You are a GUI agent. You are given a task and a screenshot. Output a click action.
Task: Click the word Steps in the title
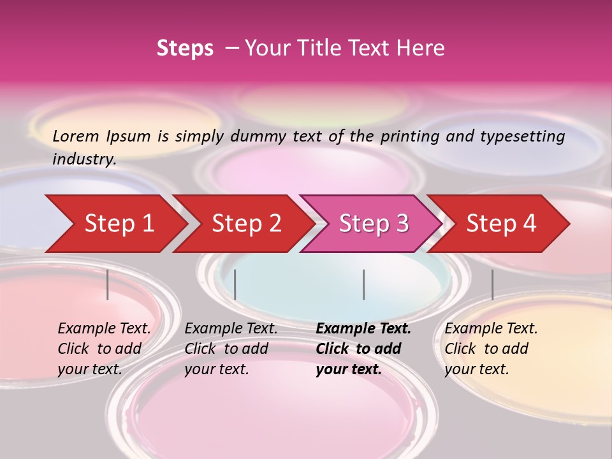(x=185, y=48)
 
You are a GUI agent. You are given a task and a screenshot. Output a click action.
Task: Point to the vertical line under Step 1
(x=108, y=284)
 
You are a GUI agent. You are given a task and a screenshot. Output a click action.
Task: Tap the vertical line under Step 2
(x=235, y=284)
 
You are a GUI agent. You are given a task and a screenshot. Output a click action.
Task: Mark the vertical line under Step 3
(x=364, y=284)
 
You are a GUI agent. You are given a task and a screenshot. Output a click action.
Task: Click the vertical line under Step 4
(x=493, y=284)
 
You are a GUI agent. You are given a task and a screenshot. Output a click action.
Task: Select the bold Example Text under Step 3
(x=363, y=349)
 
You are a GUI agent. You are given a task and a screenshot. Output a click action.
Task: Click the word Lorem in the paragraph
(x=76, y=136)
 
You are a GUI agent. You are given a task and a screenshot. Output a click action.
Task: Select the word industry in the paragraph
(x=84, y=159)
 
